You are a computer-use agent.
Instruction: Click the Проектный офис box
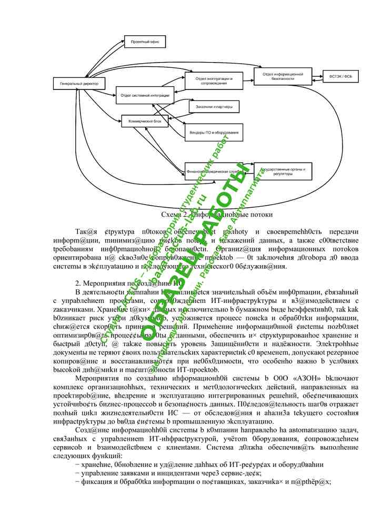(145, 41)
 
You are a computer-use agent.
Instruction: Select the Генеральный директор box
(79, 84)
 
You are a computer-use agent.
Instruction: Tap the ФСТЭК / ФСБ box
(340, 76)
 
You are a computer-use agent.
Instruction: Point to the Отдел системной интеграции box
(145, 96)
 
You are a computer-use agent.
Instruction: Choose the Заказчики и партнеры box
(214, 107)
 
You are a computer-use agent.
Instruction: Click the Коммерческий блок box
(145, 121)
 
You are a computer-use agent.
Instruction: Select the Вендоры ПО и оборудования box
(214, 133)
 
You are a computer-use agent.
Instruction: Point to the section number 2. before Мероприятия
(78, 282)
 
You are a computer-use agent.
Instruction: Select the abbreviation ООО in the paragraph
(268, 378)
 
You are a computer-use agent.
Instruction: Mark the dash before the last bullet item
(77, 482)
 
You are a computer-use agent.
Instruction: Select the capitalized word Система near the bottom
(253, 447)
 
